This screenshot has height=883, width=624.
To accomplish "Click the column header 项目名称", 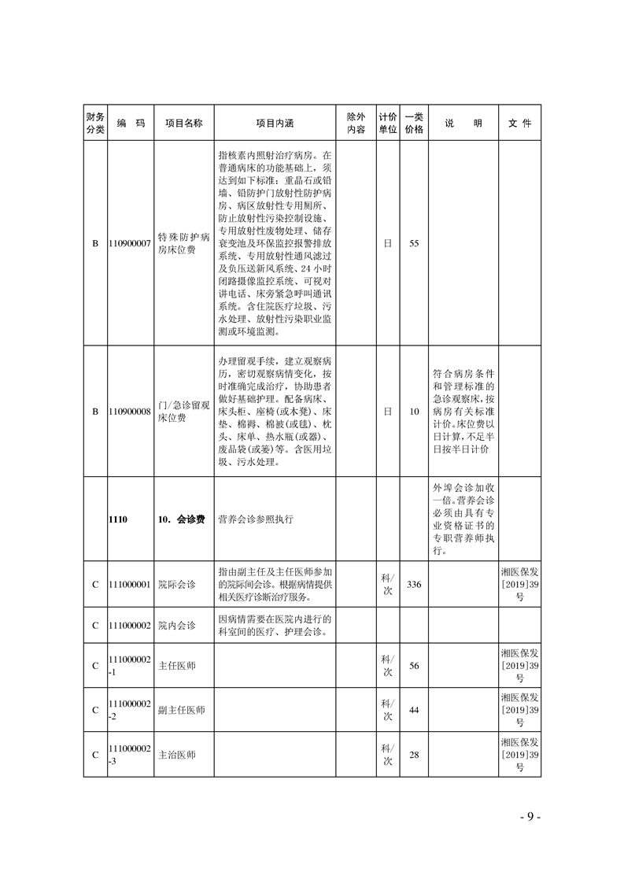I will [183, 124].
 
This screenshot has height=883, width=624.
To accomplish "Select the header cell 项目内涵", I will [275, 124].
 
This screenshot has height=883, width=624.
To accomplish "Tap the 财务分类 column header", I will [94, 124].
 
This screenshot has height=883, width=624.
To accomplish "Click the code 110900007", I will [130, 244].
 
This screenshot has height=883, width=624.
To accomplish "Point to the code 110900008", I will [130, 411].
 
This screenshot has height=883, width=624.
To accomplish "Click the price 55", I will [414, 244].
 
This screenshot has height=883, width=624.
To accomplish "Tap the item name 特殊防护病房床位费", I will [183, 243].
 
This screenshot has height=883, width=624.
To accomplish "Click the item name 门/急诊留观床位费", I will [183, 411].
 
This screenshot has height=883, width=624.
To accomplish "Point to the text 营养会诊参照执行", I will [251, 519].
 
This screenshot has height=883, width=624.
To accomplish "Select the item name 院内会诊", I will [177, 625].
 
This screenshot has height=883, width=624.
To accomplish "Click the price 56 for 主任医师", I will [414, 666].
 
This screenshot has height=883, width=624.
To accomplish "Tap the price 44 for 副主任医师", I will [414, 710].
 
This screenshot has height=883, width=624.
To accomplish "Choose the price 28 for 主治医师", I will [414, 755].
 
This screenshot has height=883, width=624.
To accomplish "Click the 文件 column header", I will [519, 124].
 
